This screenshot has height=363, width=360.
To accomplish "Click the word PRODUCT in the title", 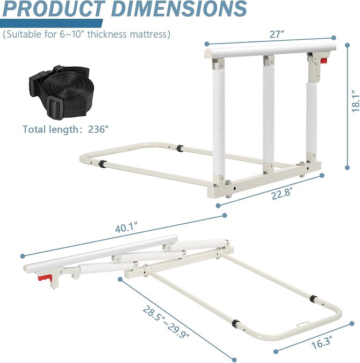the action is point(53,9).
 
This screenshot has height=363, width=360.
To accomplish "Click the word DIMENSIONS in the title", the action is point(179,9).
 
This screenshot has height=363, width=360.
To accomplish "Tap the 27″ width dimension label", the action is point(277,34).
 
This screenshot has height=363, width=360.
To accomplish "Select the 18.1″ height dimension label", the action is point(356,101).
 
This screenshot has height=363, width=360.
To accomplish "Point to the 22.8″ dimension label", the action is point(282,194).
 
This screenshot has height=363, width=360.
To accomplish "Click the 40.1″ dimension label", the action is point(127,227).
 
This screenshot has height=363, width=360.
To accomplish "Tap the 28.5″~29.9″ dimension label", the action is point(166,322).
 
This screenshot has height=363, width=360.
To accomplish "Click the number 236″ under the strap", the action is point(98,129).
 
